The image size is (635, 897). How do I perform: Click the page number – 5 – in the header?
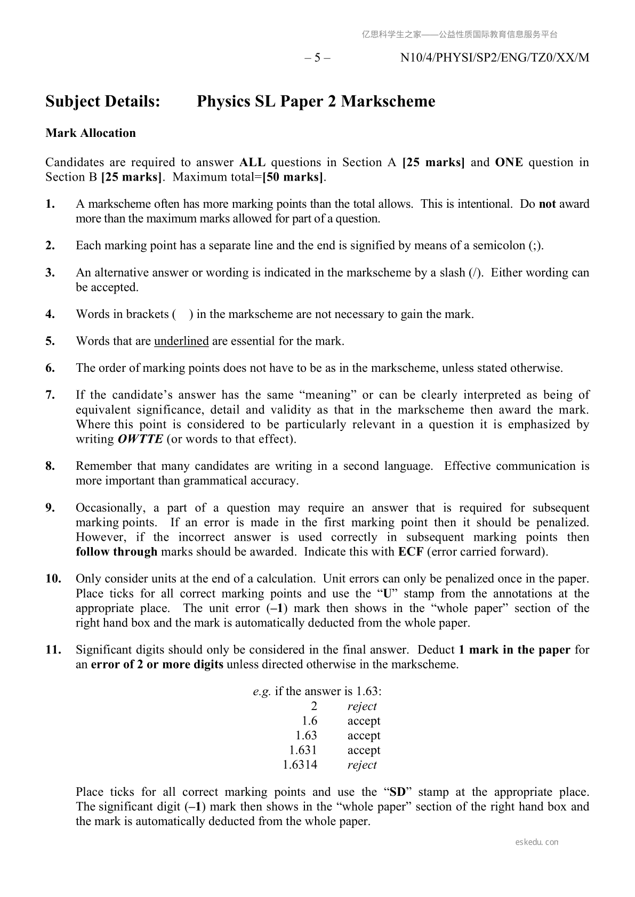(x=317, y=58)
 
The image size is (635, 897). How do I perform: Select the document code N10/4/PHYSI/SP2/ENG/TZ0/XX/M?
(x=495, y=58)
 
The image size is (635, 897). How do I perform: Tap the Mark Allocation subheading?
(x=91, y=133)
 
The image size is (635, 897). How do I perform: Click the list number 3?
(x=50, y=273)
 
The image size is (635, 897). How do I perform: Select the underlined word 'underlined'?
(x=181, y=341)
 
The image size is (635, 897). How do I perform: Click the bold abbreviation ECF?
(x=411, y=552)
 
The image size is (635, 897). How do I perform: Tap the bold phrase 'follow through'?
(x=116, y=552)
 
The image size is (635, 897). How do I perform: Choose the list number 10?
(x=53, y=579)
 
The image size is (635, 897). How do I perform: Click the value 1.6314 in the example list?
(x=300, y=765)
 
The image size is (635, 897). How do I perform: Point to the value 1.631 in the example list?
(x=303, y=751)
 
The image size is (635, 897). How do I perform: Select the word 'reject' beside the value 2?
(x=362, y=707)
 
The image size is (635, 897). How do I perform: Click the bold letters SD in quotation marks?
(x=398, y=792)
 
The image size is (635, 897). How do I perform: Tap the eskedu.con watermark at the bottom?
(x=537, y=842)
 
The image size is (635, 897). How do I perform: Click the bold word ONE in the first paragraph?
(x=509, y=162)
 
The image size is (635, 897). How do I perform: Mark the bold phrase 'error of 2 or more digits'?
(x=157, y=665)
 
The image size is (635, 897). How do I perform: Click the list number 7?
(x=50, y=395)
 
